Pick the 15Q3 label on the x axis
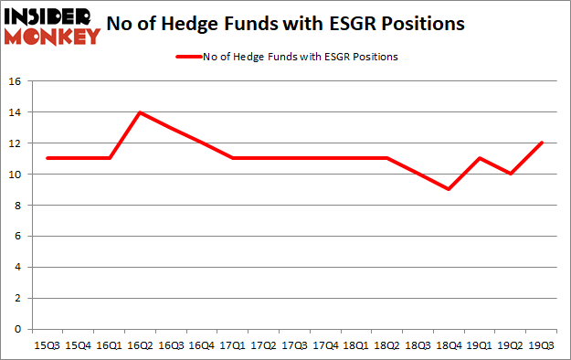[47, 346]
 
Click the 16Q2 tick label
[140, 346]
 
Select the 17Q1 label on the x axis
[233, 346]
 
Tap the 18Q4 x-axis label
[449, 346]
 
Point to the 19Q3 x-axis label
[542, 346]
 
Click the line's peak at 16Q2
[140, 112]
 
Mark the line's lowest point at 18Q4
[449, 189]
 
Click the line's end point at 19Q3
[542, 143]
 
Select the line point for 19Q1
[480, 158]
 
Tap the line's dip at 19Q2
[511, 174]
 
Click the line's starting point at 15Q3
[47, 158]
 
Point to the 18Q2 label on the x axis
[386, 346]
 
